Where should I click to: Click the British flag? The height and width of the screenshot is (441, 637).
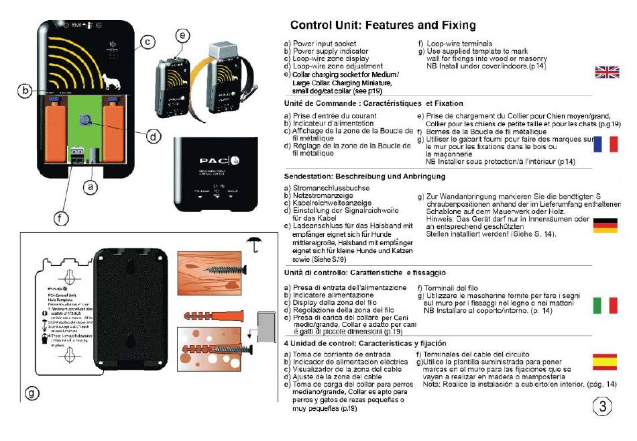tap(607, 72)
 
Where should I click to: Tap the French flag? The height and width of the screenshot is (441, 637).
tap(606, 143)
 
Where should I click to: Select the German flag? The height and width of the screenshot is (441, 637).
tap(606, 226)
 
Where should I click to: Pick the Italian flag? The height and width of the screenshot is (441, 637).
tap(606, 305)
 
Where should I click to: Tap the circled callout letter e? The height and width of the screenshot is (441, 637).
tap(182, 35)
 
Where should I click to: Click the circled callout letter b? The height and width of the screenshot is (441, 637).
tap(25, 90)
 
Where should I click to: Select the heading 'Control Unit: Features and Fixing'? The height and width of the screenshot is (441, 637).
tap(383, 26)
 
